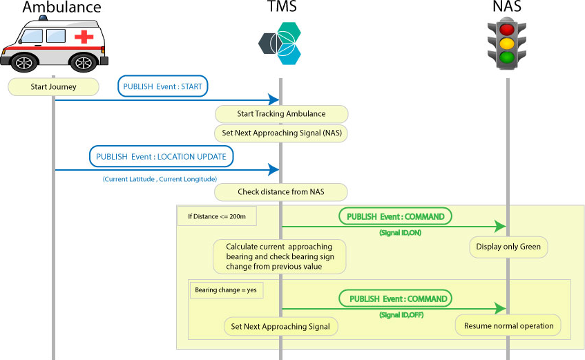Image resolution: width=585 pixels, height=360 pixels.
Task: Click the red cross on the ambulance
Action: [84, 37]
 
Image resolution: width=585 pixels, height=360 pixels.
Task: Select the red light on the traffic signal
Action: [508, 30]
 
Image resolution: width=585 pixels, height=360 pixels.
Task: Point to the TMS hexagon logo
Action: [280, 43]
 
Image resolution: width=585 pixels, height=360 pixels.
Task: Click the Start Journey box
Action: [53, 87]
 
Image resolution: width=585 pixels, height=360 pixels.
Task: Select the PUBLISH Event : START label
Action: [163, 86]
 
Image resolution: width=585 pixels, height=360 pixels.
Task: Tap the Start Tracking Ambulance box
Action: [281, 113]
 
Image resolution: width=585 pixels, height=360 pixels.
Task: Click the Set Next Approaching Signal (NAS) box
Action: [281, 132]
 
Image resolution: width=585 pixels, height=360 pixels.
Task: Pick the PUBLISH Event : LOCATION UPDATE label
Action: [161, 157]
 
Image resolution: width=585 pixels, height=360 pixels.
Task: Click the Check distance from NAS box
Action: [281, 191]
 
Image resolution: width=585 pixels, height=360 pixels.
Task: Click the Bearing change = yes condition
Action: [224, 290]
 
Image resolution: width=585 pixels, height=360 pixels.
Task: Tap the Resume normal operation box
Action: [508, 325]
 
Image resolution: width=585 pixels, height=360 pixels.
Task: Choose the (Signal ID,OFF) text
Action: [401, 315]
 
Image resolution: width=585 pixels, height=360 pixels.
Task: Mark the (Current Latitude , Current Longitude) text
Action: [160, 179]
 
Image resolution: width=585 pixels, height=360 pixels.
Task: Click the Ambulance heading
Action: [61, 8]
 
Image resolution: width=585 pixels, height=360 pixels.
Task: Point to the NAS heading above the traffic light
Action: [508, 8]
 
